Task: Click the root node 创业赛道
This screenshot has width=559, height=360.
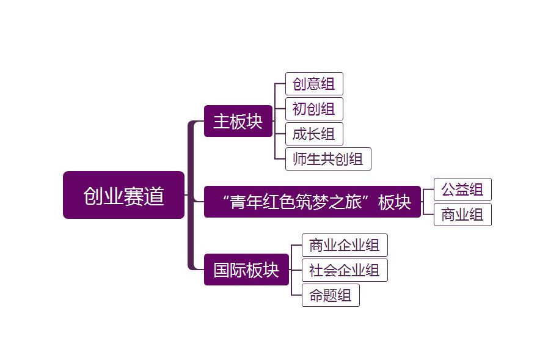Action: (x=123, y=195)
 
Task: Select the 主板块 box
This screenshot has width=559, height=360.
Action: (x=238, y=121)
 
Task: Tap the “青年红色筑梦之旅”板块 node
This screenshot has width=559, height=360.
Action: (x=312, y=202)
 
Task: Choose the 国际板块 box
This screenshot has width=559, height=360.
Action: (x=246, y=270)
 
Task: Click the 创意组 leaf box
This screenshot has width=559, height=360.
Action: (x=314, y=84)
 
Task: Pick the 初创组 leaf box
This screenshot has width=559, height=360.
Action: (x=314, y=109)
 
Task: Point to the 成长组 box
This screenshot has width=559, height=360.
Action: (x=314, y=134)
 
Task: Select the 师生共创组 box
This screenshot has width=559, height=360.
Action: (x=328, y=159)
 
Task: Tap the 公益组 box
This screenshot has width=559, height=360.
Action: (x=462, y=189)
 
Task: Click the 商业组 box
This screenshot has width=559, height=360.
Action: (x=462, y=215)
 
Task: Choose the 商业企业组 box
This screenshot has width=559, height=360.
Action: (x=345, y=245)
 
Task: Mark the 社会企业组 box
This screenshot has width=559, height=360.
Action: (x=345, y=270)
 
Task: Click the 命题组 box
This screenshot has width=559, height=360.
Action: (x=331, y=295)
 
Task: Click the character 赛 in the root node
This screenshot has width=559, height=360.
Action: (x=134, y=196)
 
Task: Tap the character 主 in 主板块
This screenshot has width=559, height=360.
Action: (x=221, y=121)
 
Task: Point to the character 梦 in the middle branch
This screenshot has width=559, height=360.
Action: (x=323, y=202)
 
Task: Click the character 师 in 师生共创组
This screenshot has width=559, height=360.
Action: (x=300, y=160)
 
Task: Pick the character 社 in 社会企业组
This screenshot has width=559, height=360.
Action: (x=316, y=270)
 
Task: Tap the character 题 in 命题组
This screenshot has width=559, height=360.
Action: (x=331, y=295)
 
